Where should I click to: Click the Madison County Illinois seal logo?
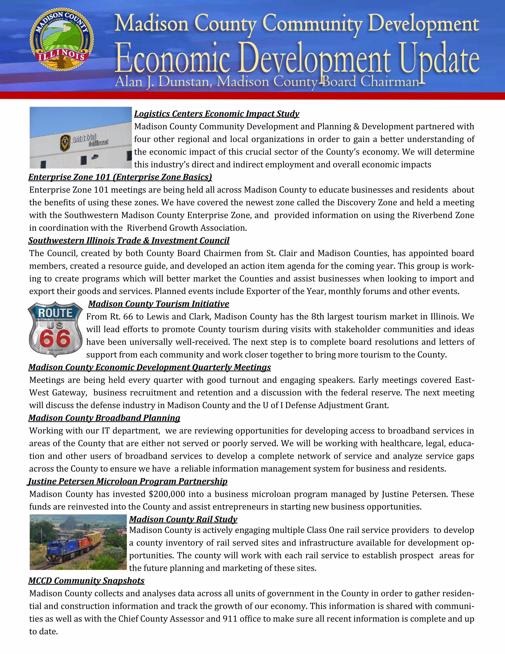pyautogui.click(x=62, y=39)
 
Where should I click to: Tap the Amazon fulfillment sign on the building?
pyautogui.click(x=85, y=140)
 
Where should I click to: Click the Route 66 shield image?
pyautogui.click(x=55, y=329)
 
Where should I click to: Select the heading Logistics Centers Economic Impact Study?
pyautogui.click(x=216, y=114)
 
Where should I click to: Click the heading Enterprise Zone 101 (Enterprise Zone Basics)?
pyautogui.click(x=120, y=177)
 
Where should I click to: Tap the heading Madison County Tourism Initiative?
pyautogui.click(x=159, y=304)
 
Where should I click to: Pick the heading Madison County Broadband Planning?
pyautogui.click(x=104, y=418)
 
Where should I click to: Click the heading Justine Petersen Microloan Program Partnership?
pyautogui.click(x=128, y=481)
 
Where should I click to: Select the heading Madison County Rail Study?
pyautogui.click(x=183, y=519)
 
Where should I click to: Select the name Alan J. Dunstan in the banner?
pyautogui.click(x=163, y=82)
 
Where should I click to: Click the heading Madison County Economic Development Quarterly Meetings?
pyautogui.click(x=150, y=367)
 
